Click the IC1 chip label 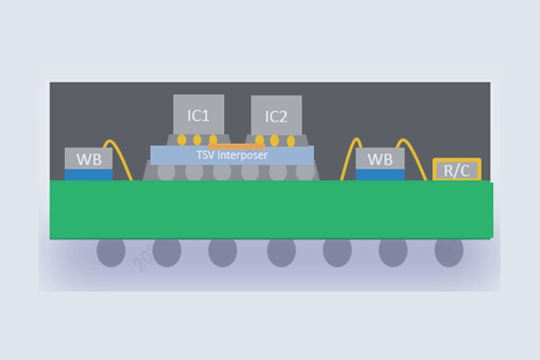[198, 116]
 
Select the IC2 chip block [276, 115]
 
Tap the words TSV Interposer [232, 155]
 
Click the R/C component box [456, 169]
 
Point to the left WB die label [89, 159]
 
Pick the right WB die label [380, 159]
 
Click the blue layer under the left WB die [89, 175]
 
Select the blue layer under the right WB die [380, 175]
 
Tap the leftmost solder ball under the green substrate [111, 253]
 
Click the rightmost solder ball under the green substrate [449, 253]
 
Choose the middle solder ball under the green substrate [282, 253]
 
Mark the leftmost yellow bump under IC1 [182, 139]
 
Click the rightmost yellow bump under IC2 [291, 141]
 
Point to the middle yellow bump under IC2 [274, 140]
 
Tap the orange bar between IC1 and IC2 [237, 147]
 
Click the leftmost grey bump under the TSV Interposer [166, 173]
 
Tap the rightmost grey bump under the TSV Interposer [305, 173]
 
